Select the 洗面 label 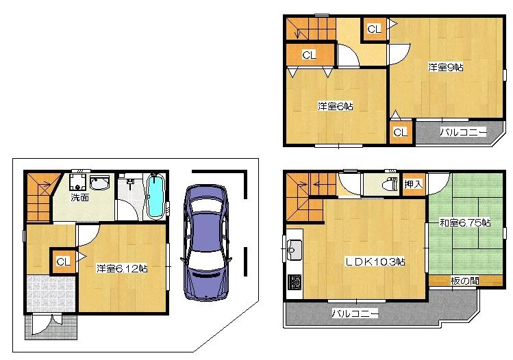pyautogui.click(x=80, y=198)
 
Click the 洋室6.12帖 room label pyautogui.click(x=122, y=268)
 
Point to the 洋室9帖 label pyautogui.click(x=446, y=67)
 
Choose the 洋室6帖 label pyautogui.click(x=335, y=106)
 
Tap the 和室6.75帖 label pyautogui.click(x=464, y=222)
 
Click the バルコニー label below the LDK pyautogui.click(x=355, y=313)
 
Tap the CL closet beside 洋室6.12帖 pyautogui.click(x=63, y=261)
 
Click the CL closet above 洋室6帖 pyautogui.click(x=309, y=55)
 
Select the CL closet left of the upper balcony pyautogui.click(x=400, y=131)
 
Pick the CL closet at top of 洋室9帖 pyautogui.click(x=373, y=29)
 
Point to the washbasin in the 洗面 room pyautogui.click(x=100, y=184)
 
